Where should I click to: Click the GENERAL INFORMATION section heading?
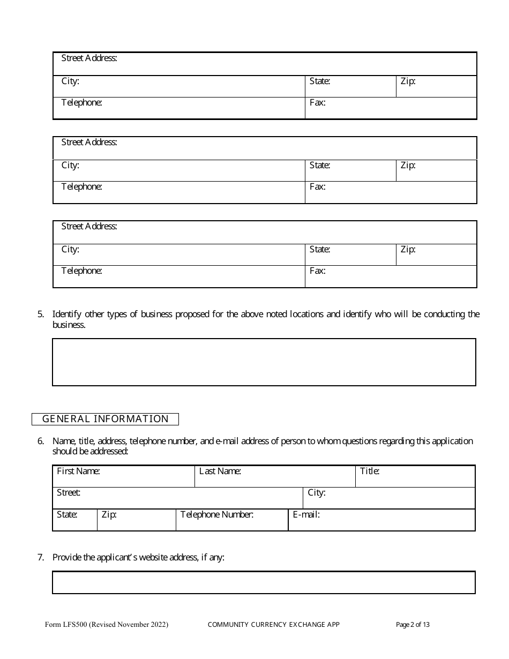pyautogui.click(x=105, y=419)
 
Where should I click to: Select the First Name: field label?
pyautogui.click(x=78, y=471)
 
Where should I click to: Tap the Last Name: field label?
pyautogui.click(x=220, y=471)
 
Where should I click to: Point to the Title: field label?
pyautogui.click(x=370, y=471)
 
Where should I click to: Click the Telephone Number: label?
pyautogui.click(x=216, y=515)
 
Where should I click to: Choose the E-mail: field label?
pyautogui.click(x=306, y=515)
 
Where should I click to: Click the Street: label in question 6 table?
pyautogui.click(x=69, y=492)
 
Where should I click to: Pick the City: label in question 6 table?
pyautogui.click(x=316, y=492)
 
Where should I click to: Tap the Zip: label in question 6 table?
pyautogui.click(x=109, y=515)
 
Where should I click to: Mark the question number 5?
pyautogui.click(x=41, y=314)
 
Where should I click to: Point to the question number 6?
pyautogui.click(x=41, y=441)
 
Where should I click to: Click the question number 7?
pyautogui.click(x=41, y=558)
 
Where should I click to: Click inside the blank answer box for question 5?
pyautogui.click(x=264, y=362)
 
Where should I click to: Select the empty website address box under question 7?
pyautogui.click(x=264, y=582)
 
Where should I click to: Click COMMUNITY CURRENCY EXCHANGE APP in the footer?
pyautogui.click(x=273, y=624)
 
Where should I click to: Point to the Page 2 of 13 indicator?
pyautogui.click(x=413, y=624)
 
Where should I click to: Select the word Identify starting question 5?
pyautogui.click(x=68, y=314)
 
